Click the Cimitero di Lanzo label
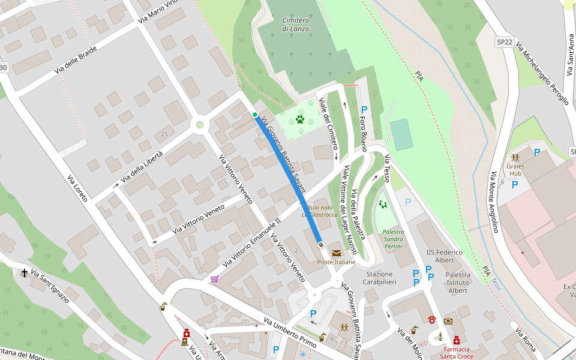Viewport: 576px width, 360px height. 296,25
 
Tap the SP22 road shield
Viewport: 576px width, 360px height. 504,42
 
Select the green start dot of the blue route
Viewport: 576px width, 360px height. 255,115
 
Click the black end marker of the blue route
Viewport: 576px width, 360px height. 321,244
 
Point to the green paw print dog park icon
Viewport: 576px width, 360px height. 300,119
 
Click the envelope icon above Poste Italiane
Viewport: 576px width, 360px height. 336,253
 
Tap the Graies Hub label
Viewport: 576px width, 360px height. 515,170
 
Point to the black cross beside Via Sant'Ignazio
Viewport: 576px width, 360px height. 25,274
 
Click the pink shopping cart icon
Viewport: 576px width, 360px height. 214,279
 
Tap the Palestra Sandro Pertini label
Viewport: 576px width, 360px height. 394,239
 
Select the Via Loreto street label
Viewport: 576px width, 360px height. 77,188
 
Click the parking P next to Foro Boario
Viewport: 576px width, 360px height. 364,110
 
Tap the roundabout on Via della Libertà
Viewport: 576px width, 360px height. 200,125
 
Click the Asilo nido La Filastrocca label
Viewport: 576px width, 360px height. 320,211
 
